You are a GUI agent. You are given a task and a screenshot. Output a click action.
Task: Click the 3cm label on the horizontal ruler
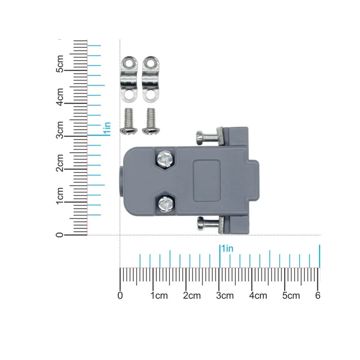(225, 295)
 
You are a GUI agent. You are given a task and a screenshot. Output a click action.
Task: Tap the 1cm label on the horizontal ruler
(159, 295)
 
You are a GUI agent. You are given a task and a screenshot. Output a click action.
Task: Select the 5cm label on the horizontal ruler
(291, 295)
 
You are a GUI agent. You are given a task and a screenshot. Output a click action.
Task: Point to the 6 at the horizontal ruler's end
(317, 295)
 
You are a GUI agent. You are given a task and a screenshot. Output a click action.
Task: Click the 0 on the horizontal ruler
(120, 295)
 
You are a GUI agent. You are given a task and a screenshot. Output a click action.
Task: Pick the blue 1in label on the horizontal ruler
(227, 249)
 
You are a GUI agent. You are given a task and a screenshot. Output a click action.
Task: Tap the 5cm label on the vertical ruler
(60, 64)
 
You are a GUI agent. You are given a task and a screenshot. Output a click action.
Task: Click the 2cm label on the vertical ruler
(60, 163)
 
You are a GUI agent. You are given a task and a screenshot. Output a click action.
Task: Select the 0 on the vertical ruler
(60, 235)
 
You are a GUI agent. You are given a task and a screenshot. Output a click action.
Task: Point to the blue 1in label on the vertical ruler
(107, 128)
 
